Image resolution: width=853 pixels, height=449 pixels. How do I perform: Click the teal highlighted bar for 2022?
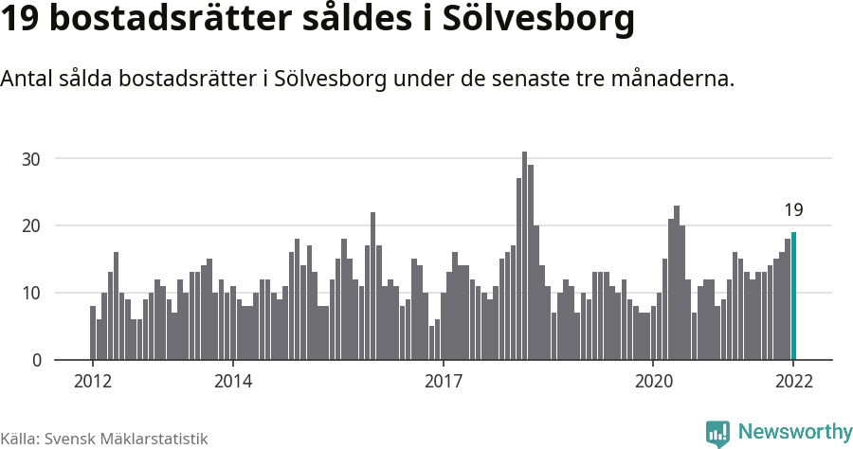[x=793, y=296]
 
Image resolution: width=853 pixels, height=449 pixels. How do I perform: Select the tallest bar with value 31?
[x=524, y=256]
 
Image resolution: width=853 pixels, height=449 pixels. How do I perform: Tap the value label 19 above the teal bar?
[x=793, y=210]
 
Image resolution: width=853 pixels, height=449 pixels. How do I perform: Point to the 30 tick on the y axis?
[x=32, y=159]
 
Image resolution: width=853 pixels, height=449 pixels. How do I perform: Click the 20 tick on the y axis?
[x=32, y=225]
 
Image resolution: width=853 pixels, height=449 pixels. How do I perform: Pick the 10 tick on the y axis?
[x=32, y=293]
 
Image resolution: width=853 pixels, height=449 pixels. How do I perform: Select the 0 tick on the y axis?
[x=36, y=360]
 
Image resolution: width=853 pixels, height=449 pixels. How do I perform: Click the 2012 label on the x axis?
[x=93, y=382]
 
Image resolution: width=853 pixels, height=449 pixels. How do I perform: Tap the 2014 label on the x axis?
[x=233, y=382]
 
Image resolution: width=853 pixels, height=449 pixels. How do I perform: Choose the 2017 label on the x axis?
[x=443, y=382]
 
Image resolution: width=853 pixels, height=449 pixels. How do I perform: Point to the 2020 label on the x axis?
[x=653, y=382]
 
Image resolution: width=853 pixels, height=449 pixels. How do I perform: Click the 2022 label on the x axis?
[x=793, y=382]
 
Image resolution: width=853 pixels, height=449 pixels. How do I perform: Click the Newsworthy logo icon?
[x=717, y=433]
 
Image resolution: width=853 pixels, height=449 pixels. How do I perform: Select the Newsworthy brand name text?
[x=794, y=433]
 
